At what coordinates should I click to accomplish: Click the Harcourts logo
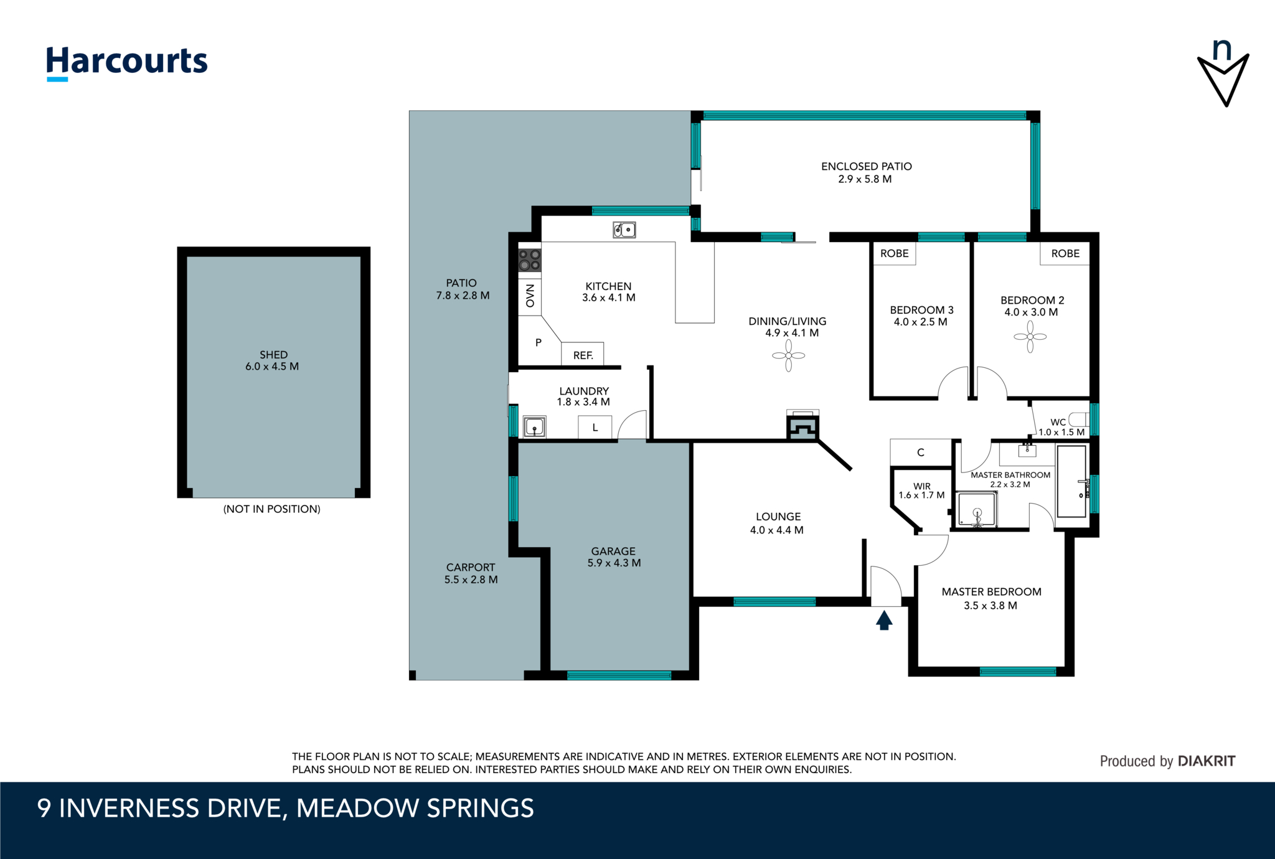click(x=127, y=62)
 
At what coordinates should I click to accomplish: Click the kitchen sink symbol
click(x=624, y=230)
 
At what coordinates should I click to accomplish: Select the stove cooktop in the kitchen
click(x=530, y=260)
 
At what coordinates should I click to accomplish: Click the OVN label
click(x=530, y=296)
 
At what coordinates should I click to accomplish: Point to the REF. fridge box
click(x=583, y=354)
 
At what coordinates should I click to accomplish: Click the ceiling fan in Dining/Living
click(x=788, y=355)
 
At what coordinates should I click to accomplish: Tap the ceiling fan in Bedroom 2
click(x=1030, y=337)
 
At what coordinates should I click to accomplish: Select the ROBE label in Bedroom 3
click(x=894, y=253)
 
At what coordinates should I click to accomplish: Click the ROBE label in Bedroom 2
click(x=1065, y=253)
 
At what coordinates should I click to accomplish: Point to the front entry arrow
click(x=884, y=620)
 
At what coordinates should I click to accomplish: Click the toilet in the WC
click(x=1078, y=419)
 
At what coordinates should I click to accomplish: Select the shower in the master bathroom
click(x=977, y=509)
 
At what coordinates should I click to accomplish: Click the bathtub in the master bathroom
click(x=1072, y=481)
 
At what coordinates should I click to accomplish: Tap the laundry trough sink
click(x=534, y=427)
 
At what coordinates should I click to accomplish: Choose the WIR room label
click(x=922, y=486)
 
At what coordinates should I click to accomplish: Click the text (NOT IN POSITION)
click(x=272, y=509)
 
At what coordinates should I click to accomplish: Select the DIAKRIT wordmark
click(x=1207, y=761)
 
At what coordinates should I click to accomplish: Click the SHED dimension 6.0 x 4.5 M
click(x=272, y=367)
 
